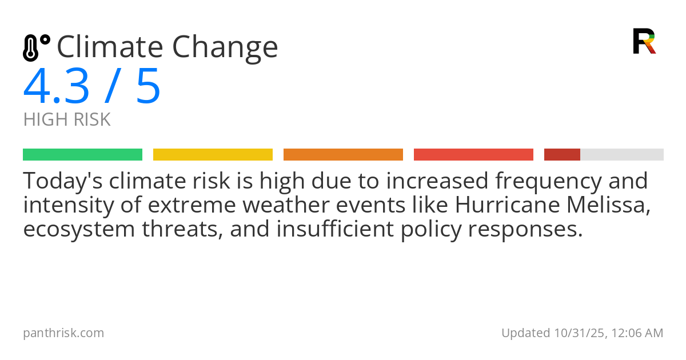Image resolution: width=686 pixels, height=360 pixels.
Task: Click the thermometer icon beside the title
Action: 35,47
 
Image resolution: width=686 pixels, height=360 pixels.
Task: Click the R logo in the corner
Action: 644,41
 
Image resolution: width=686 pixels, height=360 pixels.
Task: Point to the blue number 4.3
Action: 56,86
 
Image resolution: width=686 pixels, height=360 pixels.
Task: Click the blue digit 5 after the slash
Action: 148,86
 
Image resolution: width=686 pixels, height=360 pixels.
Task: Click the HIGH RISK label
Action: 66,120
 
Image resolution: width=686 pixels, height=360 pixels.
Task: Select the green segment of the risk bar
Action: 82,155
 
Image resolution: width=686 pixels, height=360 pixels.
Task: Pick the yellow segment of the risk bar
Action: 213,155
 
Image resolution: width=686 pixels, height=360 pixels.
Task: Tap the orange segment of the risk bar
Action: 343,155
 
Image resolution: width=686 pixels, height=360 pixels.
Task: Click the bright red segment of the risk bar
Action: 473,155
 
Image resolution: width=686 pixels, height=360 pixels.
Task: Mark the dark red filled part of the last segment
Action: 562,155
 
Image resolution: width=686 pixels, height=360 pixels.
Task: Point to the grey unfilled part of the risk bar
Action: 622,155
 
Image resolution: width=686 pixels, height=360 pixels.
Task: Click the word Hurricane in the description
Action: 502,205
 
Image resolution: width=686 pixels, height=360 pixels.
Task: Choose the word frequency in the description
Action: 548,181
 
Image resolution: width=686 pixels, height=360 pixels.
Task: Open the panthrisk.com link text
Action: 63,333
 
